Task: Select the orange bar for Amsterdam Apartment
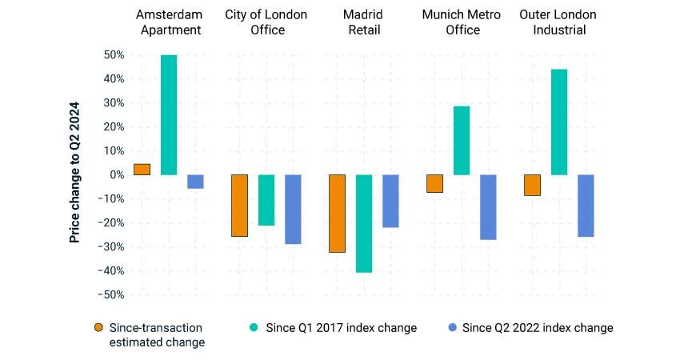click(x=142, y=169)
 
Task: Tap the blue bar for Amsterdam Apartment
click(x=195, y=182)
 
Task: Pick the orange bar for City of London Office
click(x=239, y=206)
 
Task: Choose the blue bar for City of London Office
click(x=293, y=209)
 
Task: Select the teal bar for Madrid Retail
click(x=364, y=223)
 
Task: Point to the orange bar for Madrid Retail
click(x=337, y=213)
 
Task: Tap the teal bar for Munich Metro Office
click(x=462, y=140)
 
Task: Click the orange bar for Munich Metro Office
click(x=434, y=183)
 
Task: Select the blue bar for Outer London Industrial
click(x=586, y=206)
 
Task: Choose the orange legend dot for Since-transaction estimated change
click(x=98, y=327)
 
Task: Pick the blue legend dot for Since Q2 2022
click(x=452, y=327)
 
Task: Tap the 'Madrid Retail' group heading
click(x=364, y=22)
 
